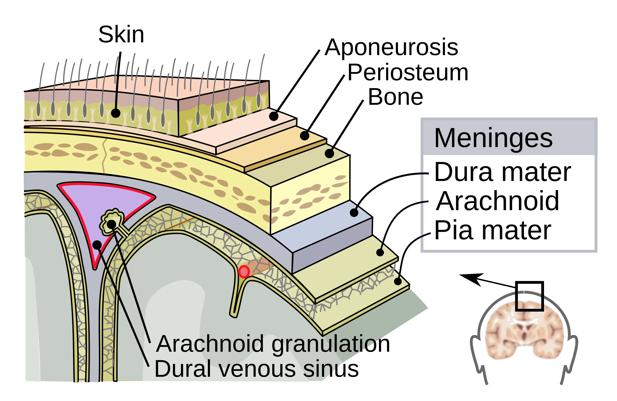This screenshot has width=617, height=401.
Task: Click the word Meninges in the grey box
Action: click(493, 138)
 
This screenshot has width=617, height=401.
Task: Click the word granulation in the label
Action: click(324, 344)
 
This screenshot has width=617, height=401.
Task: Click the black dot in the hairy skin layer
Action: click(116, 113)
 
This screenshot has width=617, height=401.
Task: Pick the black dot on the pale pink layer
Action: click(274, 116)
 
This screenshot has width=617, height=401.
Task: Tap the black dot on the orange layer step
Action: click(305, 136)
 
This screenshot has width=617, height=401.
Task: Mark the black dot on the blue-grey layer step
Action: click(354, 213)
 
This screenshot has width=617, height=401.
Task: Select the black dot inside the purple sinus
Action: click(97, 245)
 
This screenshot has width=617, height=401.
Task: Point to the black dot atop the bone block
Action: click(329, 153)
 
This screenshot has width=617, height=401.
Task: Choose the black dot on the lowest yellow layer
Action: click(398, 281)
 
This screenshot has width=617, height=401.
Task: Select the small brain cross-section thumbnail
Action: click(524, 330)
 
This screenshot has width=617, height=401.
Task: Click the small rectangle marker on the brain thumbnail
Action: click(529, 306)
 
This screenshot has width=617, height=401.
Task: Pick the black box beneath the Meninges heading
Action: click(509, 202)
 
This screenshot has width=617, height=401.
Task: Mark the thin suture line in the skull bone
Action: click(104, 156)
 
